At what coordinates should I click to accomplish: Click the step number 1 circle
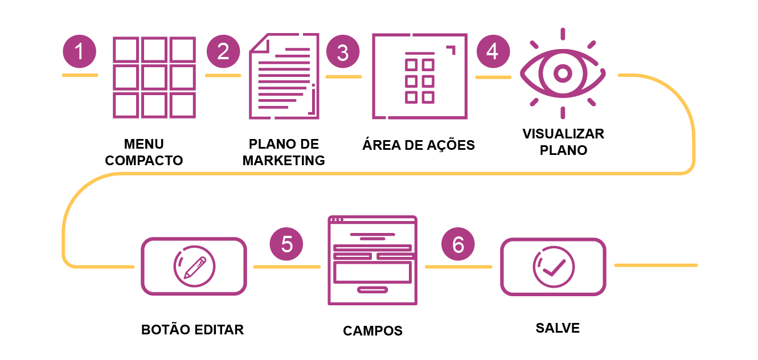(x=79, y=52)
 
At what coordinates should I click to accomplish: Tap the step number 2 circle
(x=223, y=52)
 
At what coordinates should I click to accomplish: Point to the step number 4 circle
(x=493, y=52)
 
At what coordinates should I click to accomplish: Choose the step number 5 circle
(x=286, y=244)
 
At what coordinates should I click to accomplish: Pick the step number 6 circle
(x=458, y=244)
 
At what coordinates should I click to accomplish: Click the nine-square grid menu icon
(x=154, y=77)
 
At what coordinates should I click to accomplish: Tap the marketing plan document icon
(x=284, y=77)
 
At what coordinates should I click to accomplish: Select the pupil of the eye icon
(x=563, y=73)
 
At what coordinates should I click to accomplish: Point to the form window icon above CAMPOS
(x=372, y=260)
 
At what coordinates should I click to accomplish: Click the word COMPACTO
(x=144, y=161)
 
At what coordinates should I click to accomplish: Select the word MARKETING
(x=284, y=161)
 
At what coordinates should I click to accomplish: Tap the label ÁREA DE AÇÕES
(x=419, y=145)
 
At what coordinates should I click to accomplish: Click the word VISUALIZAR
(x=563, y=134)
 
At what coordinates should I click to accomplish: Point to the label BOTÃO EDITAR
(x=192, y=330)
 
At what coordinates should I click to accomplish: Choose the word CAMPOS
(x=372, y=331)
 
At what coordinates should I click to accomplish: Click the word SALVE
(x=558, y=328)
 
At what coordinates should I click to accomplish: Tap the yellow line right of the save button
(x=656, y=265)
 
